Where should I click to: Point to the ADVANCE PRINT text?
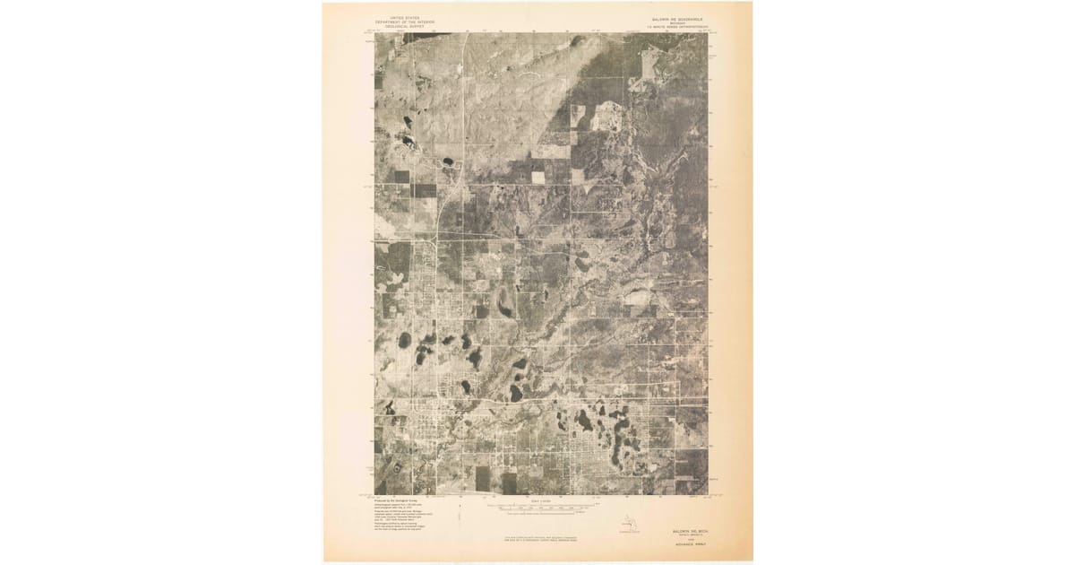[684, 543]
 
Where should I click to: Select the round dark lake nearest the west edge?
[404, 340]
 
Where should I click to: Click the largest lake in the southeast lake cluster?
[584, 420]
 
